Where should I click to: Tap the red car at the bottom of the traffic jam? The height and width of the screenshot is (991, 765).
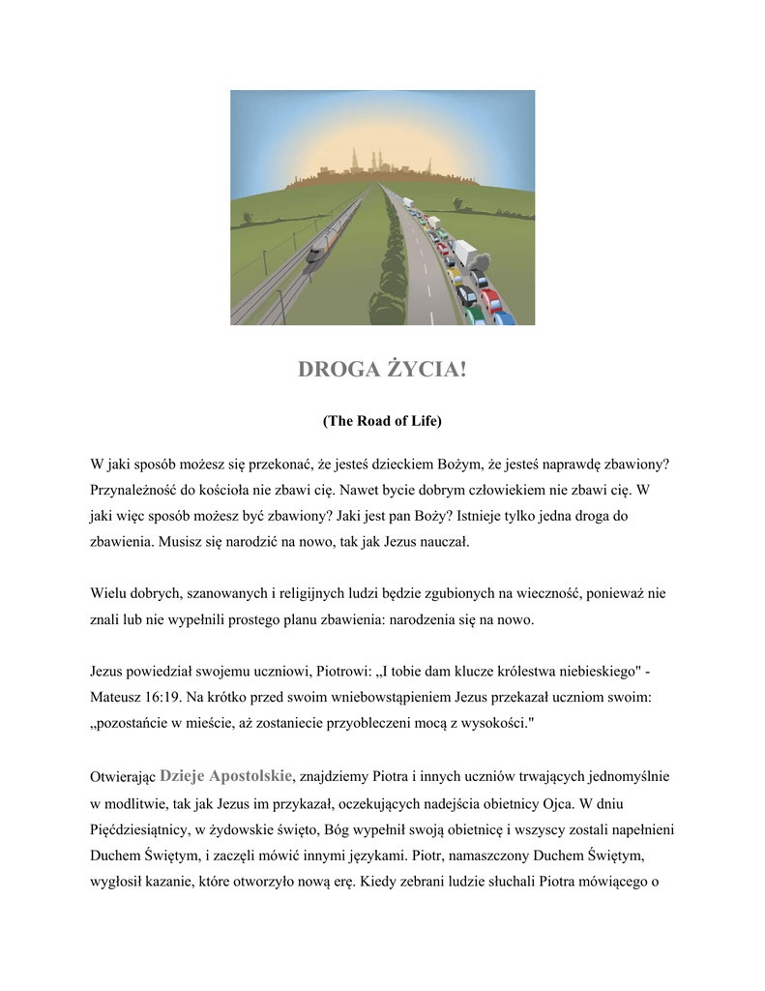click(490, 297)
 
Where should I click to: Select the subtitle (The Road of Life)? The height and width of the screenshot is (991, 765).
click(382, 421)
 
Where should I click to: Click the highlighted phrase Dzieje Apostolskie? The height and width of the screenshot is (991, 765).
click(226, 775)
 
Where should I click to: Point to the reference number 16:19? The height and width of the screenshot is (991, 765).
click(166, 696)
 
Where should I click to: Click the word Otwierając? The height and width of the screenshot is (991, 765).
click(123, 776)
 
